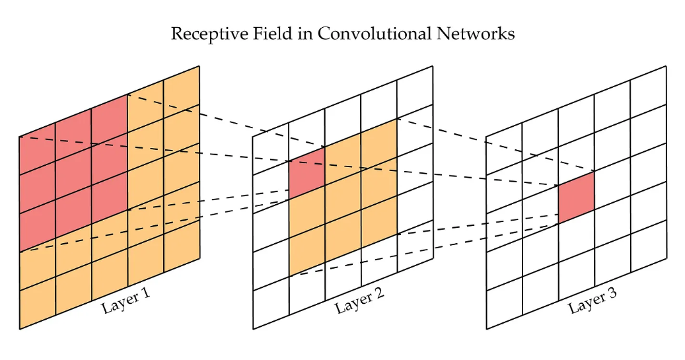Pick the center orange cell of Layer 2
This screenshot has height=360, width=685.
[x=343, y=198]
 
